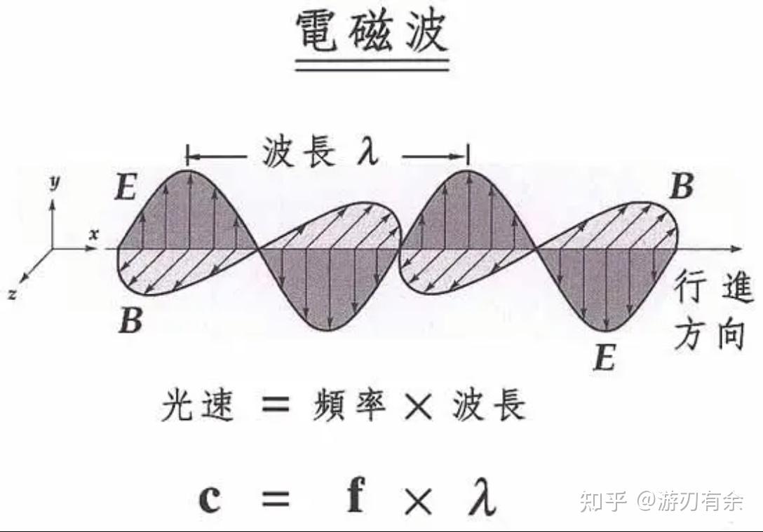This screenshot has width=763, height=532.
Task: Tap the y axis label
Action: point(53,182)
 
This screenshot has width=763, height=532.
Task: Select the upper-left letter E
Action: point(126,188)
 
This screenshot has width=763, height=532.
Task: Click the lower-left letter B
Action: point(130,321)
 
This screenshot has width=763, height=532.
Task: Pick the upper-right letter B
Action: point(681,188)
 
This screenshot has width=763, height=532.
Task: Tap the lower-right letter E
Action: point(604,358)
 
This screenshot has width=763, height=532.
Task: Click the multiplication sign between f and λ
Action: point(419,498)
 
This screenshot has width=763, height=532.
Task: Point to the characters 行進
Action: point(715,289)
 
